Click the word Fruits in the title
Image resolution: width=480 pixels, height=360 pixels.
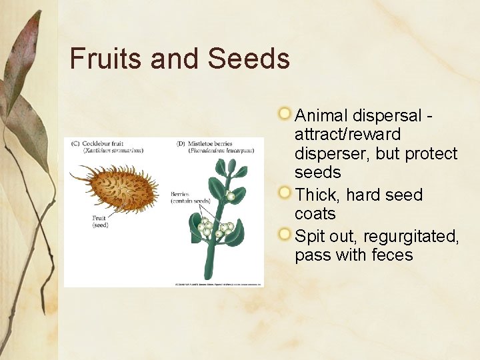click(x=106, y=59)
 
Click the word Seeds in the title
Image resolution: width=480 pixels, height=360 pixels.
click(x=249, y=59)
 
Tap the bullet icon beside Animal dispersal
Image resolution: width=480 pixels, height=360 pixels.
click(x=285, y=114)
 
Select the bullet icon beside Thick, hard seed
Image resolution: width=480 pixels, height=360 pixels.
click(x=285, y=193)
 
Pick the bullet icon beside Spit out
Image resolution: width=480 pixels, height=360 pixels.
click(x=285, y=235)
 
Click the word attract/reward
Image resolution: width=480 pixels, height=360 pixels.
click(x=347, y=135)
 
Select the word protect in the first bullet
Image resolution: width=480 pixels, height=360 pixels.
click(x=431, y=153)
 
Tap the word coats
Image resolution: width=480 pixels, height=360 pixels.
click(x=315, y=214)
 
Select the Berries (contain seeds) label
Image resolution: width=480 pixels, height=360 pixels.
click(x=190, y=197)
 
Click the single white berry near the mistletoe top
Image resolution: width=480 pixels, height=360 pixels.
click(x=231, y=197)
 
